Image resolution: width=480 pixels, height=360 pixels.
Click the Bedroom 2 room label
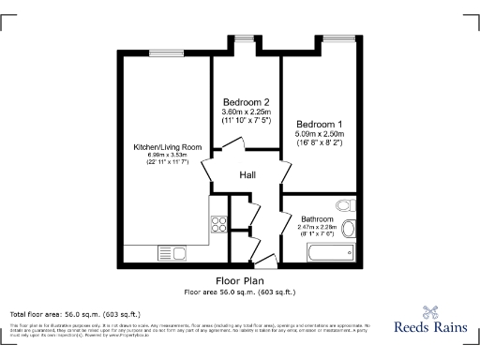[x=247, y=102]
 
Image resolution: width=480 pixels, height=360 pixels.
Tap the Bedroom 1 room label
[x=320, y=124]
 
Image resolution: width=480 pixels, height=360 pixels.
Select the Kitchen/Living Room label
[x=168, y=147]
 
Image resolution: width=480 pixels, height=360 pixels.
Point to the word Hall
[x=247, y=175]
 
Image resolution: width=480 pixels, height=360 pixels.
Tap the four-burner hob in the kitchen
[x=219, y=224]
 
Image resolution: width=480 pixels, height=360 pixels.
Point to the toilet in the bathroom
[x=344, y=205]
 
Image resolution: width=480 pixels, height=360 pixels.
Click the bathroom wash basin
[x=350, y=228]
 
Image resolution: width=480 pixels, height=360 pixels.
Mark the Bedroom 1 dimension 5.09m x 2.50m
[x=320, y=134]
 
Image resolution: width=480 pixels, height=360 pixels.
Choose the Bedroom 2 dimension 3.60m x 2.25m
[x=247, y=112]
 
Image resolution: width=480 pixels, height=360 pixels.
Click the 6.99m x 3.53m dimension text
[x=168, y=157]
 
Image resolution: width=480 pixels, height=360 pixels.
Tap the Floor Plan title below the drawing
[x=240, y=280]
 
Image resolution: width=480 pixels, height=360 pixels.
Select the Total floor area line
[x=75, y=313]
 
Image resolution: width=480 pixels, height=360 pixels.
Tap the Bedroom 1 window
[x=337, y=39]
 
